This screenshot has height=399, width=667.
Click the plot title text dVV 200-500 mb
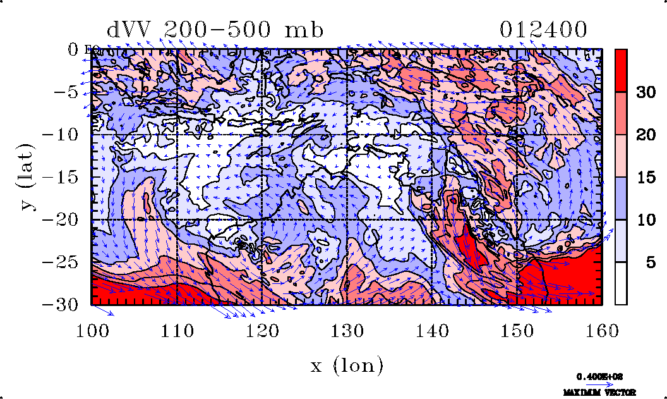[215, 30]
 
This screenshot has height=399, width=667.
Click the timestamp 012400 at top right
[544, 30]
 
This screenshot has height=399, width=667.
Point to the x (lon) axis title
[347, 365]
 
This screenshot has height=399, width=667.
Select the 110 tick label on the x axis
[177, 330]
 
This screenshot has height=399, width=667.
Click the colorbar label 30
[646, 92]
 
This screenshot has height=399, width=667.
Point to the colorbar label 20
[646, 135]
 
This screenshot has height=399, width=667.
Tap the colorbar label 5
[649, 263]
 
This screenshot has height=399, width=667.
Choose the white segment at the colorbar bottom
[621, 283]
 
